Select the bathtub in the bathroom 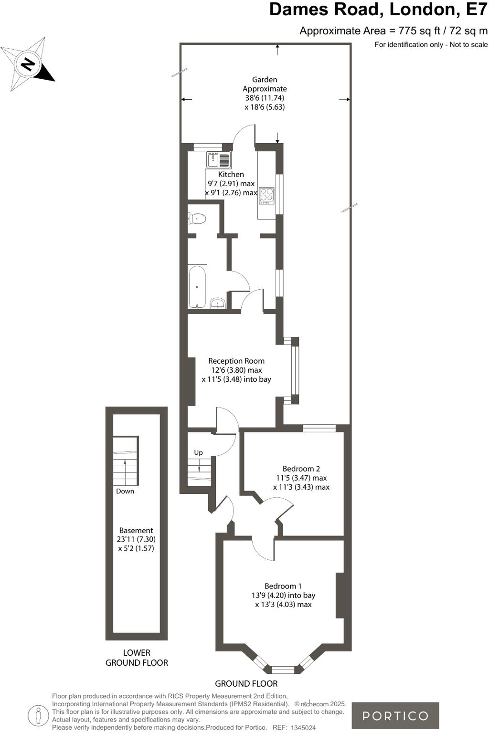pos(197,287)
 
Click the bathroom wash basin pos(218,303)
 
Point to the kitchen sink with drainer pos(219,159)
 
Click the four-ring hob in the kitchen pos(266,195)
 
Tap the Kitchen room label pos(231,175)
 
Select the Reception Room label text pos(236,361)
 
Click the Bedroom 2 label pos(301,469)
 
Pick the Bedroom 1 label pos(283,586)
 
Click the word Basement pos(136,530)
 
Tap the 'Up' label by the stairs pos(198,452)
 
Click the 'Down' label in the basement pos(125,491)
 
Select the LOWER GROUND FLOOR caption pos(137,658)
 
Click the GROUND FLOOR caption pos(246,683)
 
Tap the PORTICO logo pos(395,716)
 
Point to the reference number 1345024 pos(303,728)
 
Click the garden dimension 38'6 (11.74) pos(265,98)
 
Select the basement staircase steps pos(125,461)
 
